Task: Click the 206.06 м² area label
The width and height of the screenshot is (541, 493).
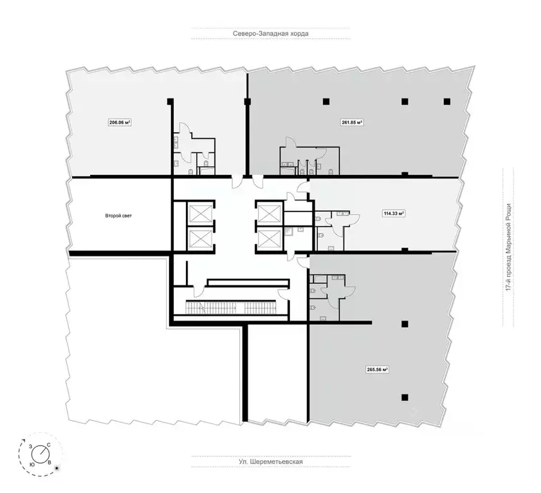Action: coord(120,121)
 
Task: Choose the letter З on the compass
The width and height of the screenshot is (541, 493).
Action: coord(30,445)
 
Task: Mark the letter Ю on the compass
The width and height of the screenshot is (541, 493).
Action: coord(32,463)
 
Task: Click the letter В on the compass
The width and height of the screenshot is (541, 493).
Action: coord(50,462)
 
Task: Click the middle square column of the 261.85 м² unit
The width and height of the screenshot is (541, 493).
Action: coord(405,101)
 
